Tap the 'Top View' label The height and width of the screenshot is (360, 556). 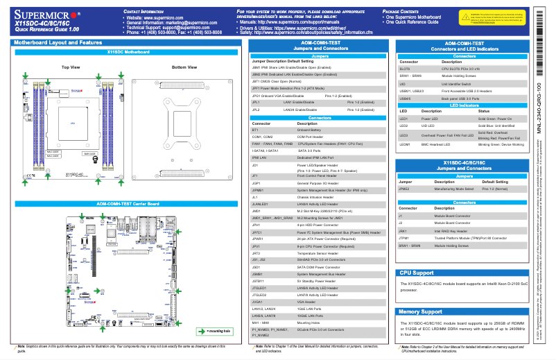pyautogui.click(x=71, y=67)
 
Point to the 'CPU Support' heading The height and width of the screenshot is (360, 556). pyautogui.click(x=417, y=273)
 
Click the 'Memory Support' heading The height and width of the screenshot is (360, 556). pyautogui.click(x=421, y=312)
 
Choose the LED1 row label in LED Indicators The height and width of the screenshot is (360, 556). pyautogui.click(x=404, y=119)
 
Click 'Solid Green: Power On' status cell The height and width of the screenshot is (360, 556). pyautogui.click(x=494, y=119)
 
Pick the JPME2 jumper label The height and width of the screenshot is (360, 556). pyautogui.click(x=404, y=188)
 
